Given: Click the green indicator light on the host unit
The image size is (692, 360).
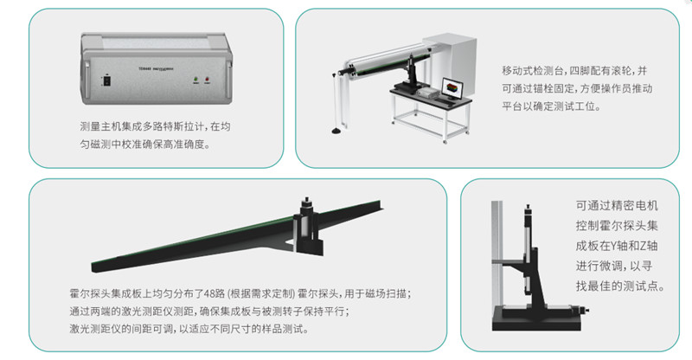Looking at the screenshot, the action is [196, 80].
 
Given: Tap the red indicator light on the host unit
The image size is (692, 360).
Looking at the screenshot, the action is [207, 80].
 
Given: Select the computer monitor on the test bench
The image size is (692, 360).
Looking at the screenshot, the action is [452, 88].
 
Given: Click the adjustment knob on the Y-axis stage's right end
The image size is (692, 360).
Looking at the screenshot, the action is [586, 310].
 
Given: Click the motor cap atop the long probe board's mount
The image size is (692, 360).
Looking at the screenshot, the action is [306, 201].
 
